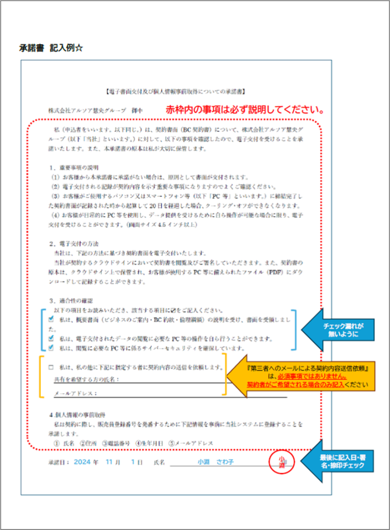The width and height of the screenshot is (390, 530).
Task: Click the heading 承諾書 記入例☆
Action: pos(51,48)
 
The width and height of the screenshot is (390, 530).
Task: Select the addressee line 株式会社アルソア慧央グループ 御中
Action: pos(95,111)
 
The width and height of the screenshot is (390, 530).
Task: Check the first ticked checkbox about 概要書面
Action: pos(51,320)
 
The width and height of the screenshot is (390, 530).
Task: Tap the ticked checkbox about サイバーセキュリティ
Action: pos(51,348)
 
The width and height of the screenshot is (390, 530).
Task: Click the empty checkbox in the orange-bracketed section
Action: pos(51,367)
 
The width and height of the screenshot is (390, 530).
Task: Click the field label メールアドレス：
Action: pos(75,394)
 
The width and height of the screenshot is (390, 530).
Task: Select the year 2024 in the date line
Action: pos(82,462)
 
